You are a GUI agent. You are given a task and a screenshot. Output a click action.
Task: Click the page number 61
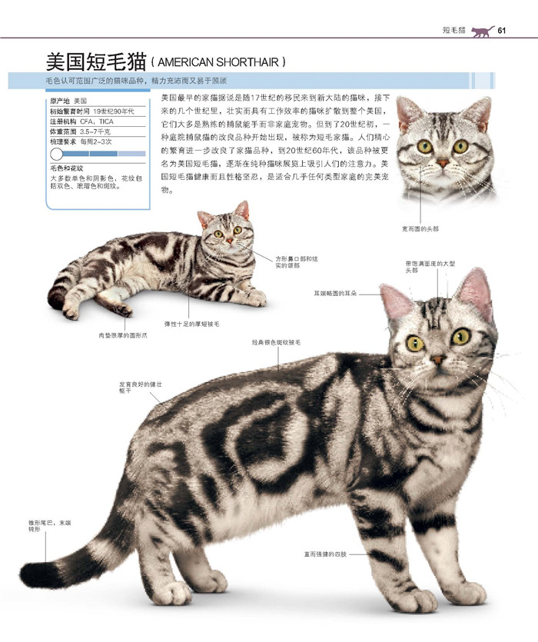pos(503,31)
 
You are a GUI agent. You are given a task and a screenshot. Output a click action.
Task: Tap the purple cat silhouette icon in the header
pos(481,31)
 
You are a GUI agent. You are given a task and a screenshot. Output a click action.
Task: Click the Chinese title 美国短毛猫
pos(95,61)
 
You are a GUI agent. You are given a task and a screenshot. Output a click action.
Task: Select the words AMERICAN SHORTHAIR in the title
pos(218,62)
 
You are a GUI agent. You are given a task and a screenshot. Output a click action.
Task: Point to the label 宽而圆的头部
pos(420,228)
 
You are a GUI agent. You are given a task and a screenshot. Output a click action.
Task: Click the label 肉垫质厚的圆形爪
pos(123,335)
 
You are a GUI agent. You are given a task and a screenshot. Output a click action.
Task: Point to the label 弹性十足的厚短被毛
pos(191,324)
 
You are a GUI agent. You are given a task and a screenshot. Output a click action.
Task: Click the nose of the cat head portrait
pos(443,161)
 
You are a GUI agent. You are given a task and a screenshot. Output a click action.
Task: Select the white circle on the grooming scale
pos(57,154)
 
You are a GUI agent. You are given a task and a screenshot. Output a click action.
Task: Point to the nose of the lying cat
pos(228,241)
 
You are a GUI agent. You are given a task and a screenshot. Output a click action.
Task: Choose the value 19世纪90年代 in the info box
pos(113,111)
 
